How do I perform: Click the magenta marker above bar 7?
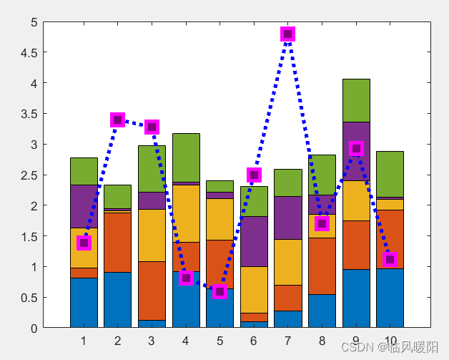287,34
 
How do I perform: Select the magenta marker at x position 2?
117,120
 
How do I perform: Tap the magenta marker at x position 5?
219,291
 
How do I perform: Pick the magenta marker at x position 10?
390,259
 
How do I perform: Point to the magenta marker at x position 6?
254,175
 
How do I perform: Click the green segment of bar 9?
355,100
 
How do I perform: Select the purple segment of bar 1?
84,206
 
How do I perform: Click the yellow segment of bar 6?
254,289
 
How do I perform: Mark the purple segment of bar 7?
287,218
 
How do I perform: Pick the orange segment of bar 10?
390,239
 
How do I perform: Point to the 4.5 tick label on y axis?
28,53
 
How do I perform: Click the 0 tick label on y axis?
33,329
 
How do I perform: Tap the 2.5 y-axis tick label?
28,175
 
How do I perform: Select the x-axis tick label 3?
152,341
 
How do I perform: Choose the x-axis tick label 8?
322,341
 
